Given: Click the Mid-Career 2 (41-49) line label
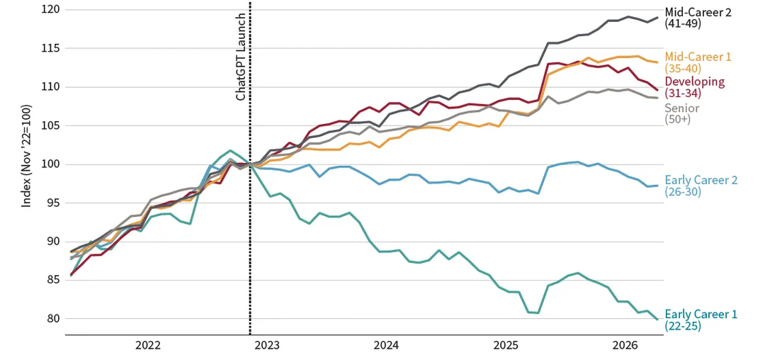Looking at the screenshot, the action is pos(698,18).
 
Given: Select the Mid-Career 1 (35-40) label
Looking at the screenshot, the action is pos(698,62).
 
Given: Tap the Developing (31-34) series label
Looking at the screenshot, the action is pos(695,87).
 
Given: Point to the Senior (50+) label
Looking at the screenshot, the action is pos(681,113).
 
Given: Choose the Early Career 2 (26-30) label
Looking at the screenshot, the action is pos(701,186).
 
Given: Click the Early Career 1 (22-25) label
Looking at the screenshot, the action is pos(701,320).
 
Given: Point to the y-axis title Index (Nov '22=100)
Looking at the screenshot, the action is pos(26,156).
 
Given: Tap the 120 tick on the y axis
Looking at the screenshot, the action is pos(50,10).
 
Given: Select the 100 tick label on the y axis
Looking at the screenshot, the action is pos(50,164).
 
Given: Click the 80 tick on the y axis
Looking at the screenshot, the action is pos(52,319).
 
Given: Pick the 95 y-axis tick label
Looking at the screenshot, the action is pos(52,203).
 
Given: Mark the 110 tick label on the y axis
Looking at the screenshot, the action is pos(50,87).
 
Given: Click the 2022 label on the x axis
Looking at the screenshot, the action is pos(147,346).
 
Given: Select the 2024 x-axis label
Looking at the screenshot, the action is pos(387,346).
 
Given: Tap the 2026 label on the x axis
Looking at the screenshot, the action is pos(625,346).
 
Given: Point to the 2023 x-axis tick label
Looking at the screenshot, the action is pos(267,346).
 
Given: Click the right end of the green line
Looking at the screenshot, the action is pos(657,320).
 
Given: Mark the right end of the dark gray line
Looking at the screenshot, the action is pos(657,18).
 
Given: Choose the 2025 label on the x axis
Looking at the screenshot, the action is pos(506,346).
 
